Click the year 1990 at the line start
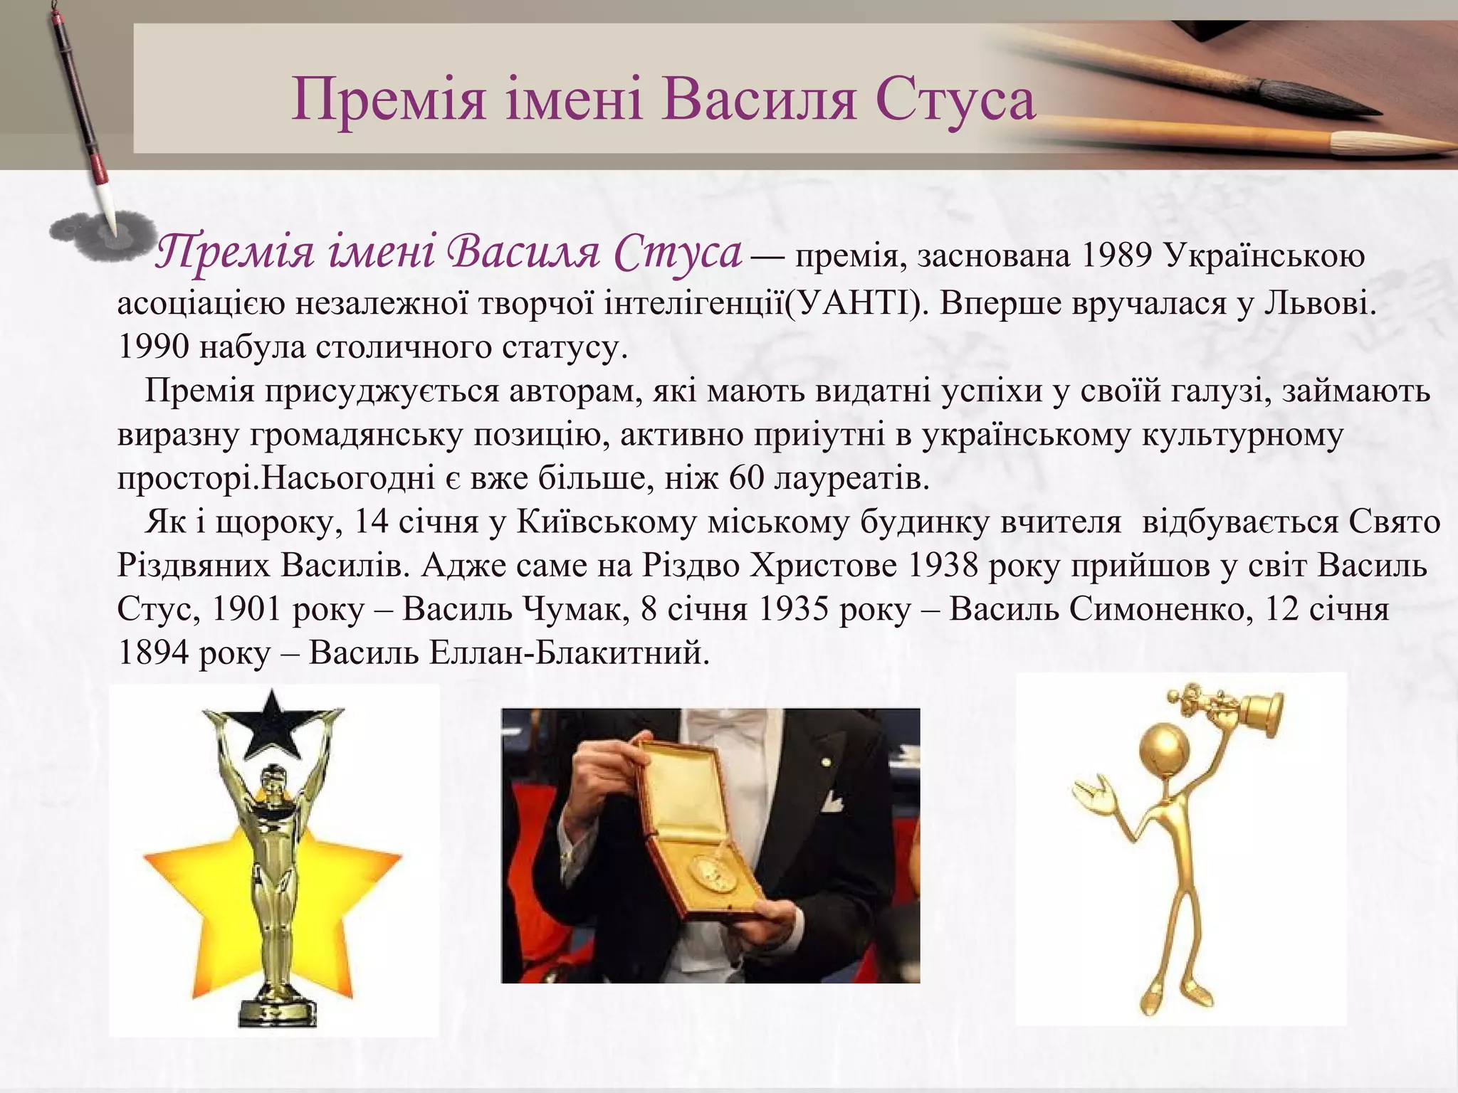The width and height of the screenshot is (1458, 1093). tap(153, 347)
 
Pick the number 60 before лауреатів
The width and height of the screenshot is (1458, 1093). tap(747, 478)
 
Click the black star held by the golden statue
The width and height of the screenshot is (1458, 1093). tap(272, 725)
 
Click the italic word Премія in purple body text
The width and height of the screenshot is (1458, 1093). tap(235, 253)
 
